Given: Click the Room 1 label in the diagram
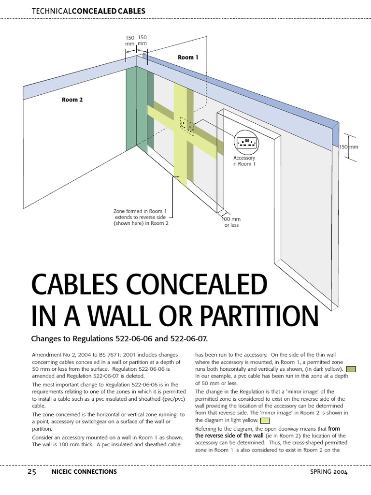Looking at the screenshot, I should [188, 58].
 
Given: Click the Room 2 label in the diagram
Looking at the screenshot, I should [72, 100].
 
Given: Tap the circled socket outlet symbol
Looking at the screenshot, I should [247, 142].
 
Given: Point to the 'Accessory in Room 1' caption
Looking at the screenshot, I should [244, 161].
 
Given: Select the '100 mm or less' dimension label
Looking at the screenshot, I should [231, 222].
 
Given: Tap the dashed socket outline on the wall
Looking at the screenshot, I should [186, 125].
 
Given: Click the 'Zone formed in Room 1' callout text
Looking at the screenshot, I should [141, 218].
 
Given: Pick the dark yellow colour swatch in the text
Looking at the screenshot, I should [351, 369].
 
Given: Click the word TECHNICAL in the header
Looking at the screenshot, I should [51, 11].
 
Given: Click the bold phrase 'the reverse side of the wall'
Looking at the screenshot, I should [229, 436].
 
